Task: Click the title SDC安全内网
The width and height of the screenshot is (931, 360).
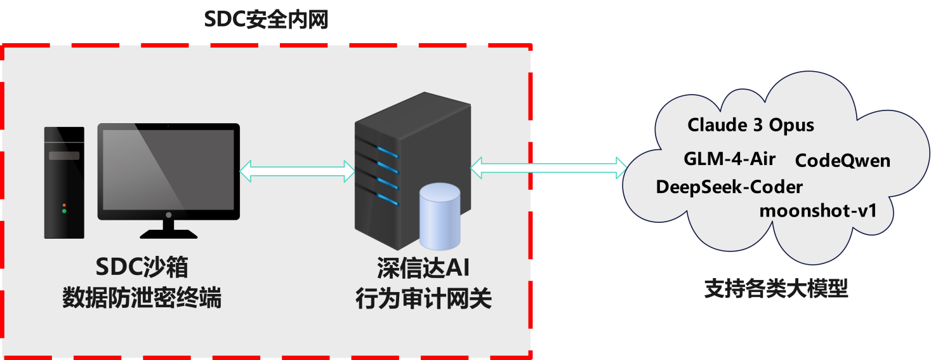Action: (266, 19)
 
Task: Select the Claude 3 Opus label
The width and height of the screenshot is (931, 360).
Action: (751, 125)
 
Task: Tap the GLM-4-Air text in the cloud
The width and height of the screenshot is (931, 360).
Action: (729, 159)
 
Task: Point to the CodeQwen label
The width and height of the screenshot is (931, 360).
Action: (843, 161)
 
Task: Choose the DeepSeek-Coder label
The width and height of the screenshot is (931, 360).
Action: (729, 187)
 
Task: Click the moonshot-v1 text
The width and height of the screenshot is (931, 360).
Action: (817, 211)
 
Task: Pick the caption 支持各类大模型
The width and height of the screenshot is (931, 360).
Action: (776, 288)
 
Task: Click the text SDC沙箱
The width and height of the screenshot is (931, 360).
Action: (142, 267)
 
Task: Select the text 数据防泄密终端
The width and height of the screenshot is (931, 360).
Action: (142, 297)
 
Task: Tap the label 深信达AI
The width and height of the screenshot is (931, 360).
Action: (423, 268)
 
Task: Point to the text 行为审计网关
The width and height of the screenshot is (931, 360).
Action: (423, 298)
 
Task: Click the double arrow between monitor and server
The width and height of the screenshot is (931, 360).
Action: (297, 171)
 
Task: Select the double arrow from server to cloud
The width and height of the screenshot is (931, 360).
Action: (548, 168)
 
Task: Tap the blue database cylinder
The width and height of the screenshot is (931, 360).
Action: (440, 217)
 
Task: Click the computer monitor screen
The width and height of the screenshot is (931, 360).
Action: (168, 170)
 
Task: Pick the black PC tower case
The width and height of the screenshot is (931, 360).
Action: (65, 183)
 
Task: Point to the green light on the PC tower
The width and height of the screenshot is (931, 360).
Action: (64, 211)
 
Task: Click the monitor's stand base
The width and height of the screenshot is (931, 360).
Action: (168, 234)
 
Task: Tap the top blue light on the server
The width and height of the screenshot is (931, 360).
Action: (387, 152)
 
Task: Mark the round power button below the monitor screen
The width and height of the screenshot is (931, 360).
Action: (168, 215)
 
